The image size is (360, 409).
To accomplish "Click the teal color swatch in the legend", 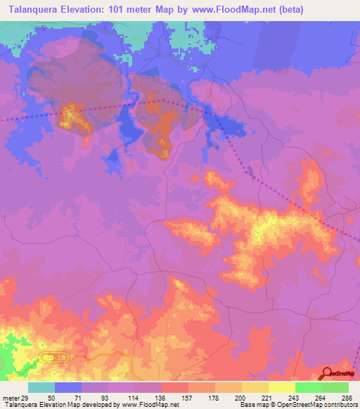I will click(41, 387).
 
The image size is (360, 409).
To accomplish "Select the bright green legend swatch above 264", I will click(308, 387).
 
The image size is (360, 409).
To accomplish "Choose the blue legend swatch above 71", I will click(67, 387).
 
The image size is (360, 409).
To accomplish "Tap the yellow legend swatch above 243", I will click(281, 387).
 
